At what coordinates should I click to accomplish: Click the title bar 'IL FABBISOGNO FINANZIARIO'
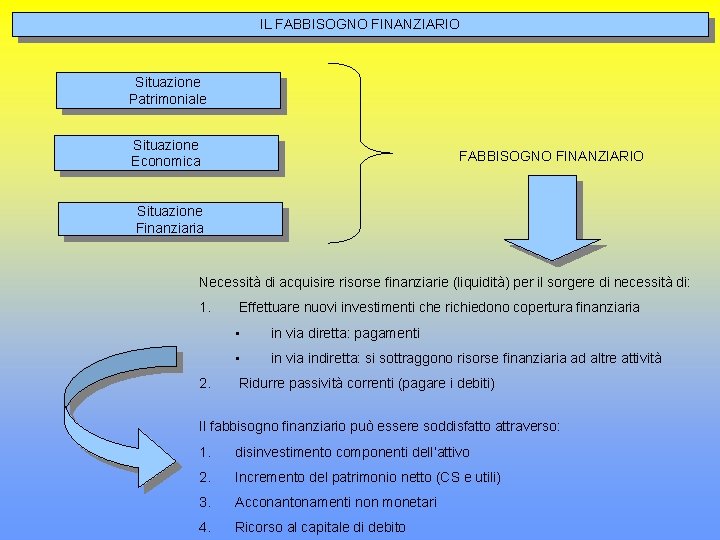pos(360,22)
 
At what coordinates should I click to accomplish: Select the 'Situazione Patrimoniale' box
pos(167,90)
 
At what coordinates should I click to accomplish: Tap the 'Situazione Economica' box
pos(166,153)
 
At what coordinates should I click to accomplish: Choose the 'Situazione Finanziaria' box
pos(170,219)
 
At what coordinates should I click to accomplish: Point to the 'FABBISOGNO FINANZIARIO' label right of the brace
pos(551,156)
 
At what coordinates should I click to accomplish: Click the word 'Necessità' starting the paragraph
pos(229,282)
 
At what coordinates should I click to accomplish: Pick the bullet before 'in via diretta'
pos(238,333)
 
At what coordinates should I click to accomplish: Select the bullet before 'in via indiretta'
pos(238,359)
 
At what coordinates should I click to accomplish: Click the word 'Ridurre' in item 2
pos(261,383)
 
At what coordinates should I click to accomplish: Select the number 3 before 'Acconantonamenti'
pos(204,502)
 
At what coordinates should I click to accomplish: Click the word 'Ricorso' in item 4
pos(259,527)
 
